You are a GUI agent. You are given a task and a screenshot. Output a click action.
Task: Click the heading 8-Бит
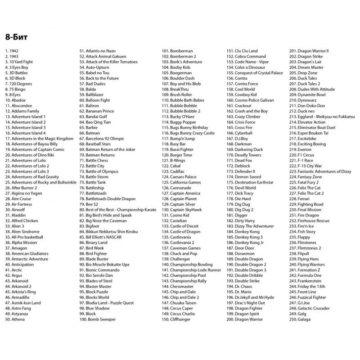(17, 36)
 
